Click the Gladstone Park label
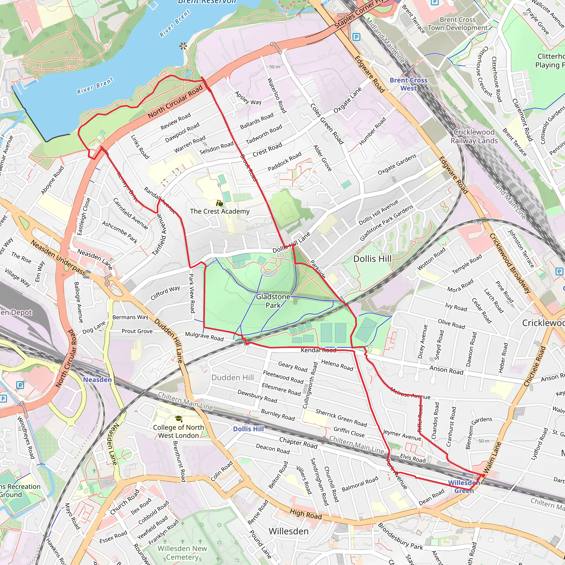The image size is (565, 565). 273,301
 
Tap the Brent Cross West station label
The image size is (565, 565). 408,84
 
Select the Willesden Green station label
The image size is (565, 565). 464,487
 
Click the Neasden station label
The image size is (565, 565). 97,380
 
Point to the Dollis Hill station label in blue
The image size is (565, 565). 248,429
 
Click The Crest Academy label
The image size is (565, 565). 220,211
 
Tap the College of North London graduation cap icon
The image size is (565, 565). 178,419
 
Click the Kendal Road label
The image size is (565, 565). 318,350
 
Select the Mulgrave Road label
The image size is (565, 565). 204,336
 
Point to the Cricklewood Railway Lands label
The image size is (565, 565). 474,136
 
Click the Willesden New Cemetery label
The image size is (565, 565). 182,552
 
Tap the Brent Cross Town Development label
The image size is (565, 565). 458,24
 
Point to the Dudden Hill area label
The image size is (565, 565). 233,378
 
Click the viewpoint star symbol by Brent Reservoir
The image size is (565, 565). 183,46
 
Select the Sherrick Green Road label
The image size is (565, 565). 341,418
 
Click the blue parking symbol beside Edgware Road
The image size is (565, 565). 356,37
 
